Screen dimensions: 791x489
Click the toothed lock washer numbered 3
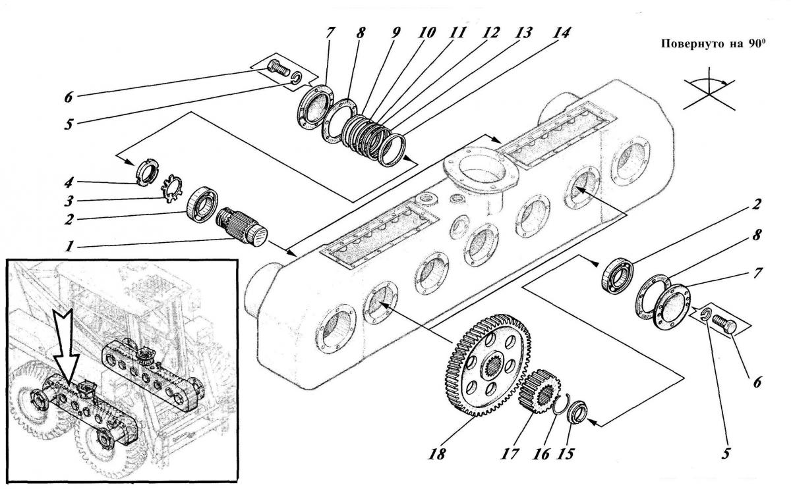coord(171,188)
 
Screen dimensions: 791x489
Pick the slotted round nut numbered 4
coord(146,172)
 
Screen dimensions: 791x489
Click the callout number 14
coord(561,33)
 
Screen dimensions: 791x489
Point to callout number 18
coord(437,454)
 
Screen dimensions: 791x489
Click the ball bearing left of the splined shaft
coord(202,205)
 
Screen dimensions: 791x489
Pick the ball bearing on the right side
coord(618,276)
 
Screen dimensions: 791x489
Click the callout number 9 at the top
coord(395,33)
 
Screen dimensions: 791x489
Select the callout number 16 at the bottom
coord(541,454)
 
